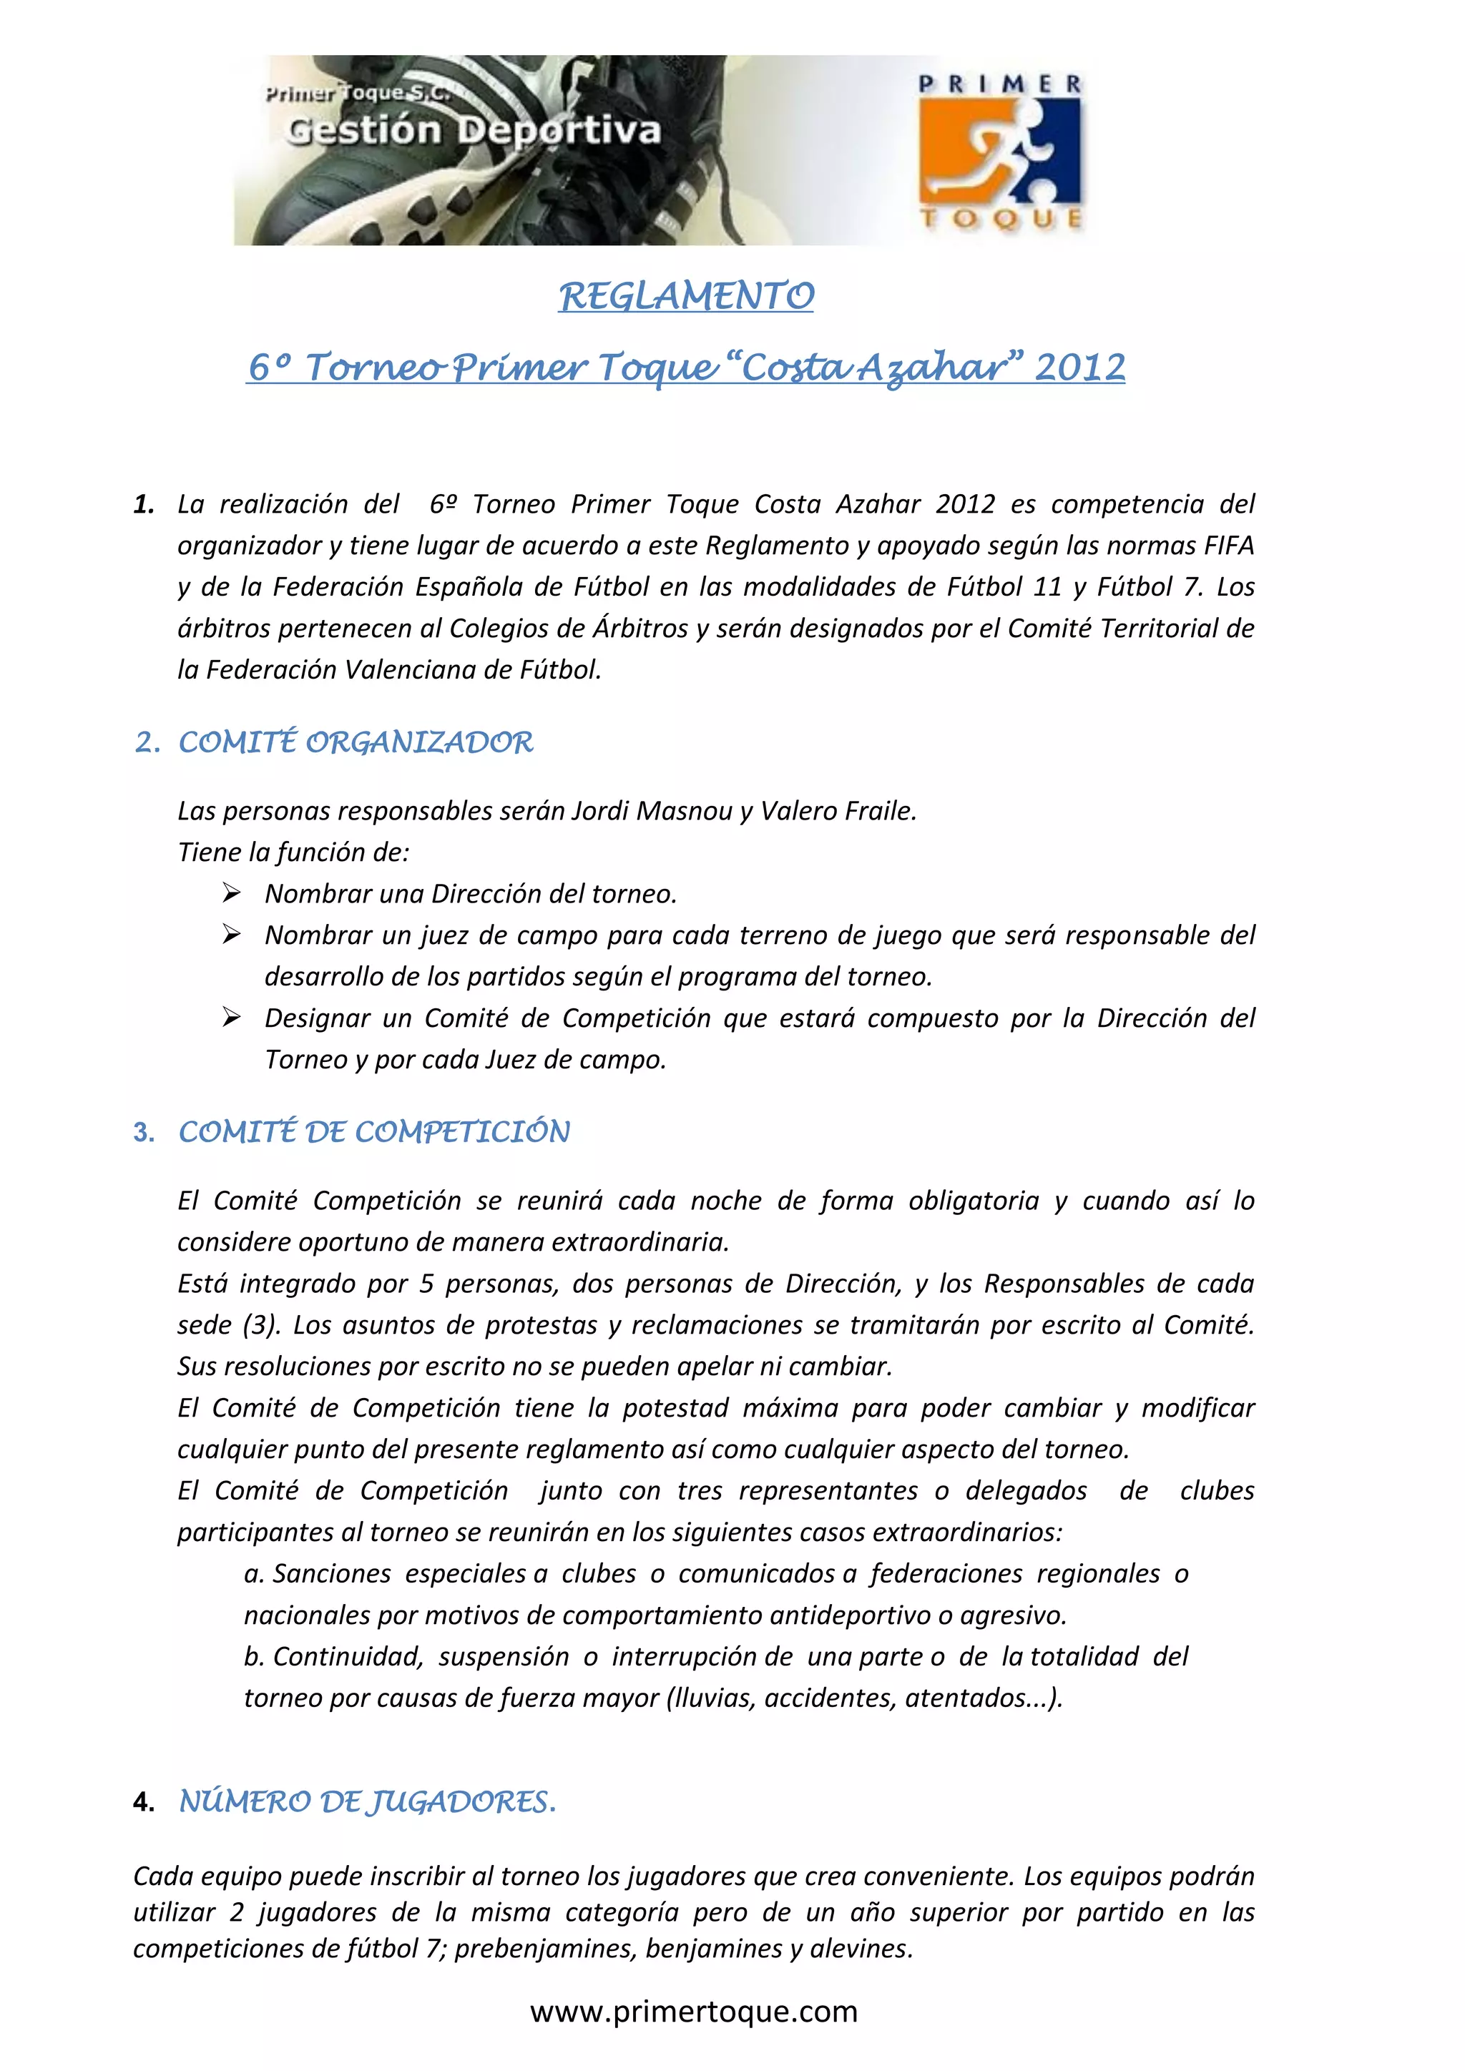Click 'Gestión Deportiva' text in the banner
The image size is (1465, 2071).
click(x=474, y=131)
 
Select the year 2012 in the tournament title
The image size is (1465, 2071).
click(x=1080, y=367)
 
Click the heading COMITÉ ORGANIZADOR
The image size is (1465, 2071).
click(x=356, y=742)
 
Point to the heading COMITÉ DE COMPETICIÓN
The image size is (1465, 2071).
click(x=374, y=1132)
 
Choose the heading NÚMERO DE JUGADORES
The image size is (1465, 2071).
click(x=367, y=1801)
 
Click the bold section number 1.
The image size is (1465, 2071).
click(x=144, y=504)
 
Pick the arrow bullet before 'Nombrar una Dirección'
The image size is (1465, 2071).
click(x=232, y=893)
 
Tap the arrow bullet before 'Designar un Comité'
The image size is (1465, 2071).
click(x=232, y=1018)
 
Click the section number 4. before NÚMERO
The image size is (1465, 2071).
click(x=144, y=1802)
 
